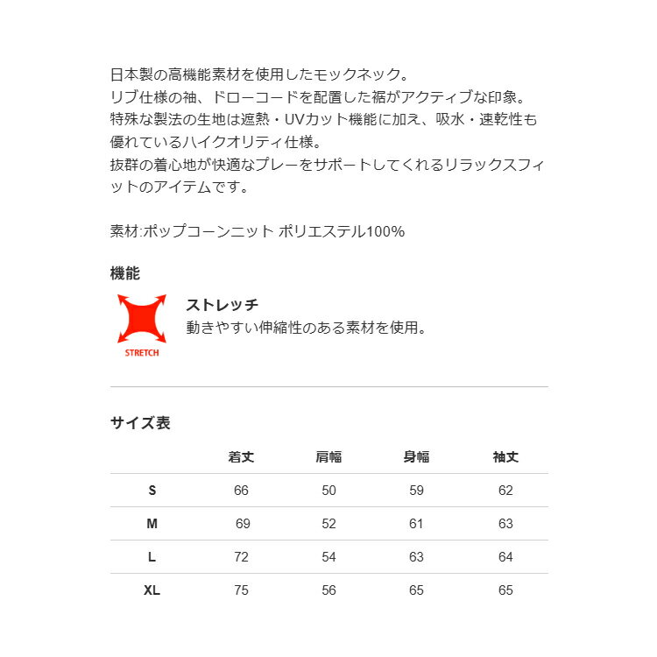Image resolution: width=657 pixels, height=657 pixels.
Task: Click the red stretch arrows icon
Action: coord(142,318)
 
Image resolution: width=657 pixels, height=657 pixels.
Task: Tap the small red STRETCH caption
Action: coord(142,352)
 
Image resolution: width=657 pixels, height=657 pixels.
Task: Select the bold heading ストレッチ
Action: coord(222,305)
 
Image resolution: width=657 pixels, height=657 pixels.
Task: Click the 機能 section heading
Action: coord(125,273)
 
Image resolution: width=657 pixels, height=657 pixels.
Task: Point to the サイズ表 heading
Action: coord(140,423)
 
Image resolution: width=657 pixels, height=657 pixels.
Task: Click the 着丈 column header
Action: coord(241,456)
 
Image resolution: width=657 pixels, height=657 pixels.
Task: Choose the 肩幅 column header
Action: coord(328,456)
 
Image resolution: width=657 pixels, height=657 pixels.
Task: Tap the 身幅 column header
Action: coord(416,456)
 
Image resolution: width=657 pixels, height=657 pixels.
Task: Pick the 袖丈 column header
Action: coord(505,456)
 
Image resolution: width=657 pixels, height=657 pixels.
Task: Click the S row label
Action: coord(152,491)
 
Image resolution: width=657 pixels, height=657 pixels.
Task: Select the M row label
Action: coord(152,524)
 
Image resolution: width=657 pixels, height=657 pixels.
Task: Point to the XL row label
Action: coord(152,590)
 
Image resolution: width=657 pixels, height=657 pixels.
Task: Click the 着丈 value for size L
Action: coord(241,557)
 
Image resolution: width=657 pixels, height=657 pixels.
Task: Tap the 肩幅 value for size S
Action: coord(328,491)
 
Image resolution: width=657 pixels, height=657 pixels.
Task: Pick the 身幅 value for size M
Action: coord(416,524)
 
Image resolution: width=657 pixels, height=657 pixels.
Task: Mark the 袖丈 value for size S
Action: coord(505,491)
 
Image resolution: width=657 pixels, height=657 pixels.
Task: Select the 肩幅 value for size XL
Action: coord(328,590)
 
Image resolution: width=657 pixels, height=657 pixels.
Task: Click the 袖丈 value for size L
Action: coord(505,557)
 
